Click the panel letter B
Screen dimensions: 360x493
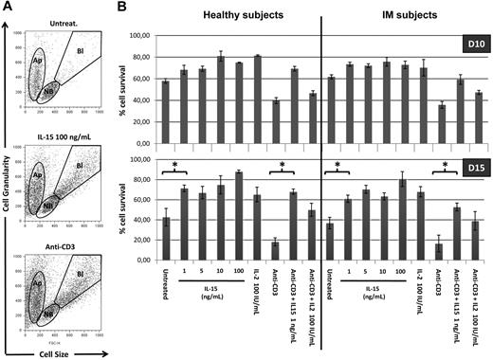coord(122,8)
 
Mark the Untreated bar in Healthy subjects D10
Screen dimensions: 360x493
coord(167,112)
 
